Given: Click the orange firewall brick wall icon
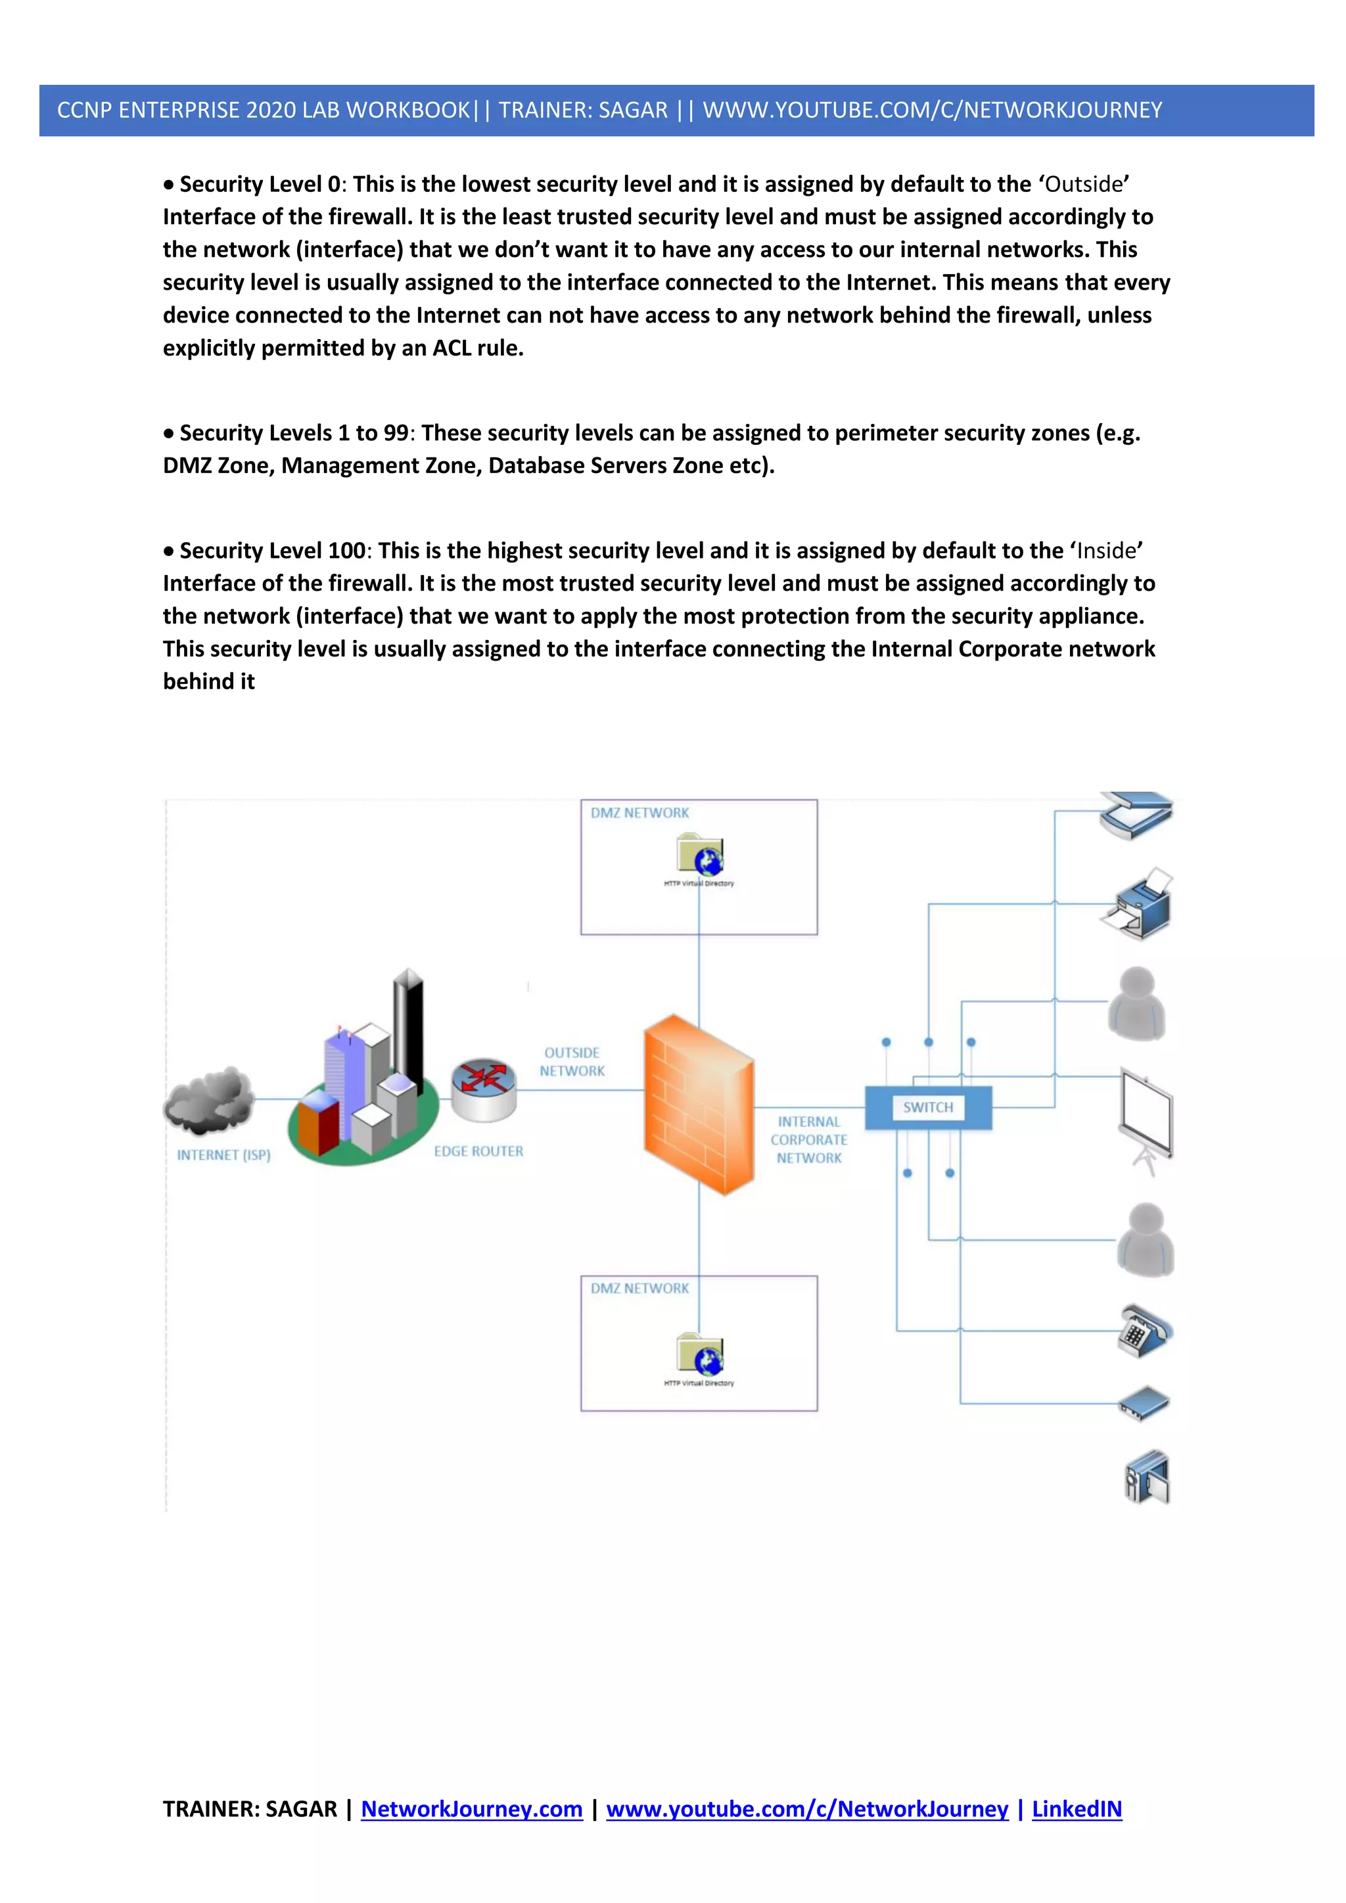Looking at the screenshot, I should [698, 1105].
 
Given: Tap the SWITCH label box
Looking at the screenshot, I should [927, 1107].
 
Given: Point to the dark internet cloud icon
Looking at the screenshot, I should [209, 1100].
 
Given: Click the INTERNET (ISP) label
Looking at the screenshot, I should [223, 1155].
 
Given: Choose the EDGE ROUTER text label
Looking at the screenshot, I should [478, 1151].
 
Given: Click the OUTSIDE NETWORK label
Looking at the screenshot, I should [572, 1062].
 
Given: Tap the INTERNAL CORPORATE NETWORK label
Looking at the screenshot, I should [809, 1139].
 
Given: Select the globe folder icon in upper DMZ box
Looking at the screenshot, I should [701, 856].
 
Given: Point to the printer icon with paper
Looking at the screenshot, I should [1138, 905].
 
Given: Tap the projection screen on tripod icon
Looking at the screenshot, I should [1146, 1119].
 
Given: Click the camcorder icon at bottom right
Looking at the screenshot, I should [1147, 1478].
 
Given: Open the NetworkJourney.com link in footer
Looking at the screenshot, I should [472, 1808].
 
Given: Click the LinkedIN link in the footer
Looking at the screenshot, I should [1076, 1808].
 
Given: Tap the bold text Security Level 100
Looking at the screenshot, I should [272, 551].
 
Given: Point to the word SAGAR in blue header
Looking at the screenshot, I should [633, 110].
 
